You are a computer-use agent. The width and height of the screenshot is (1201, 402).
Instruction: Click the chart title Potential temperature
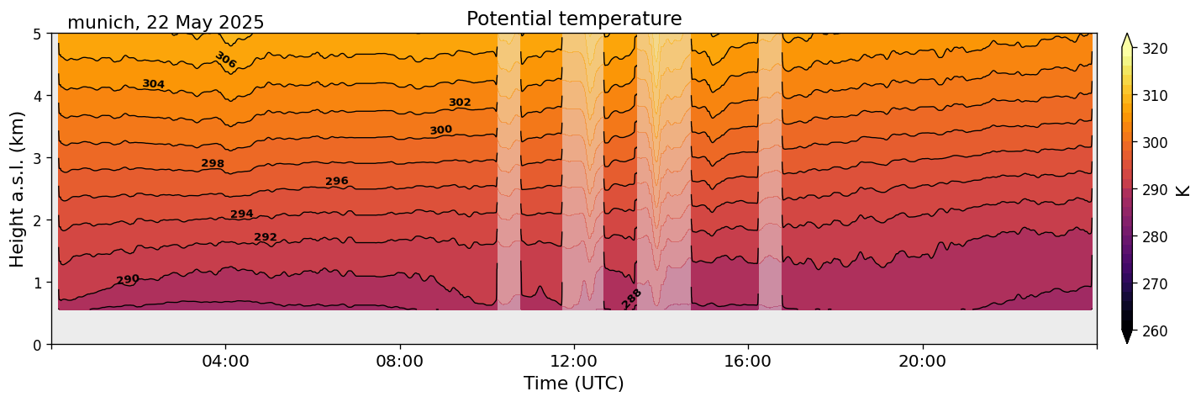574,19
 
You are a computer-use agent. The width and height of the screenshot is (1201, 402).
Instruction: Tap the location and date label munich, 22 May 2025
166,23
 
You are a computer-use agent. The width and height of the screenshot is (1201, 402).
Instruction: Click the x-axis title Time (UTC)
574,383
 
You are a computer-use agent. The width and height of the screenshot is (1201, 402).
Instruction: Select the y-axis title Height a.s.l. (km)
18,189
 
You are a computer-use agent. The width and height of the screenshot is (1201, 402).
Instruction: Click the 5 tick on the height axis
37,34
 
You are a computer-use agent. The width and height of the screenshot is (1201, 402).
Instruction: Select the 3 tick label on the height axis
37,158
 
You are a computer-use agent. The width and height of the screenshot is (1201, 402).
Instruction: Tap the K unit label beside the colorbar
1183,189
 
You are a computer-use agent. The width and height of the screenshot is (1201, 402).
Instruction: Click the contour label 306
225,61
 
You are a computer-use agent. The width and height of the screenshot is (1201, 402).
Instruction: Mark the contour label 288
631,299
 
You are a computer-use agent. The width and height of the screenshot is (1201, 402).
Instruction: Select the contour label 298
213,163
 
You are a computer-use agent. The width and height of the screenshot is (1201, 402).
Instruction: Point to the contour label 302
460,103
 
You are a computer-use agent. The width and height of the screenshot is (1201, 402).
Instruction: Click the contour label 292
266,237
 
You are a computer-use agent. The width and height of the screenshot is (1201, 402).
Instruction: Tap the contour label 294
242,214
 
